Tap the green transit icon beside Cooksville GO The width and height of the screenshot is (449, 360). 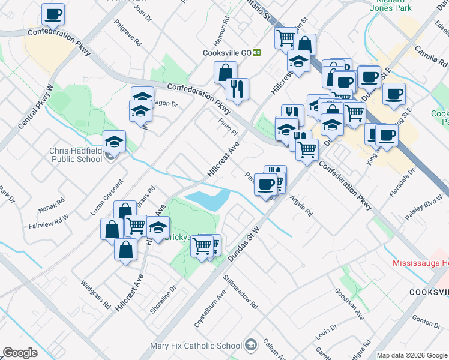point(257,52)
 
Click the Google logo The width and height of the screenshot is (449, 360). point(20,352)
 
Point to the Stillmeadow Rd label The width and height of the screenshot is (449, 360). point(240,290)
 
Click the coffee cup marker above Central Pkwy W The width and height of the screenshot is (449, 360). point(53,14)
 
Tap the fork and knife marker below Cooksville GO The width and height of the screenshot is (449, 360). point(237,89)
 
